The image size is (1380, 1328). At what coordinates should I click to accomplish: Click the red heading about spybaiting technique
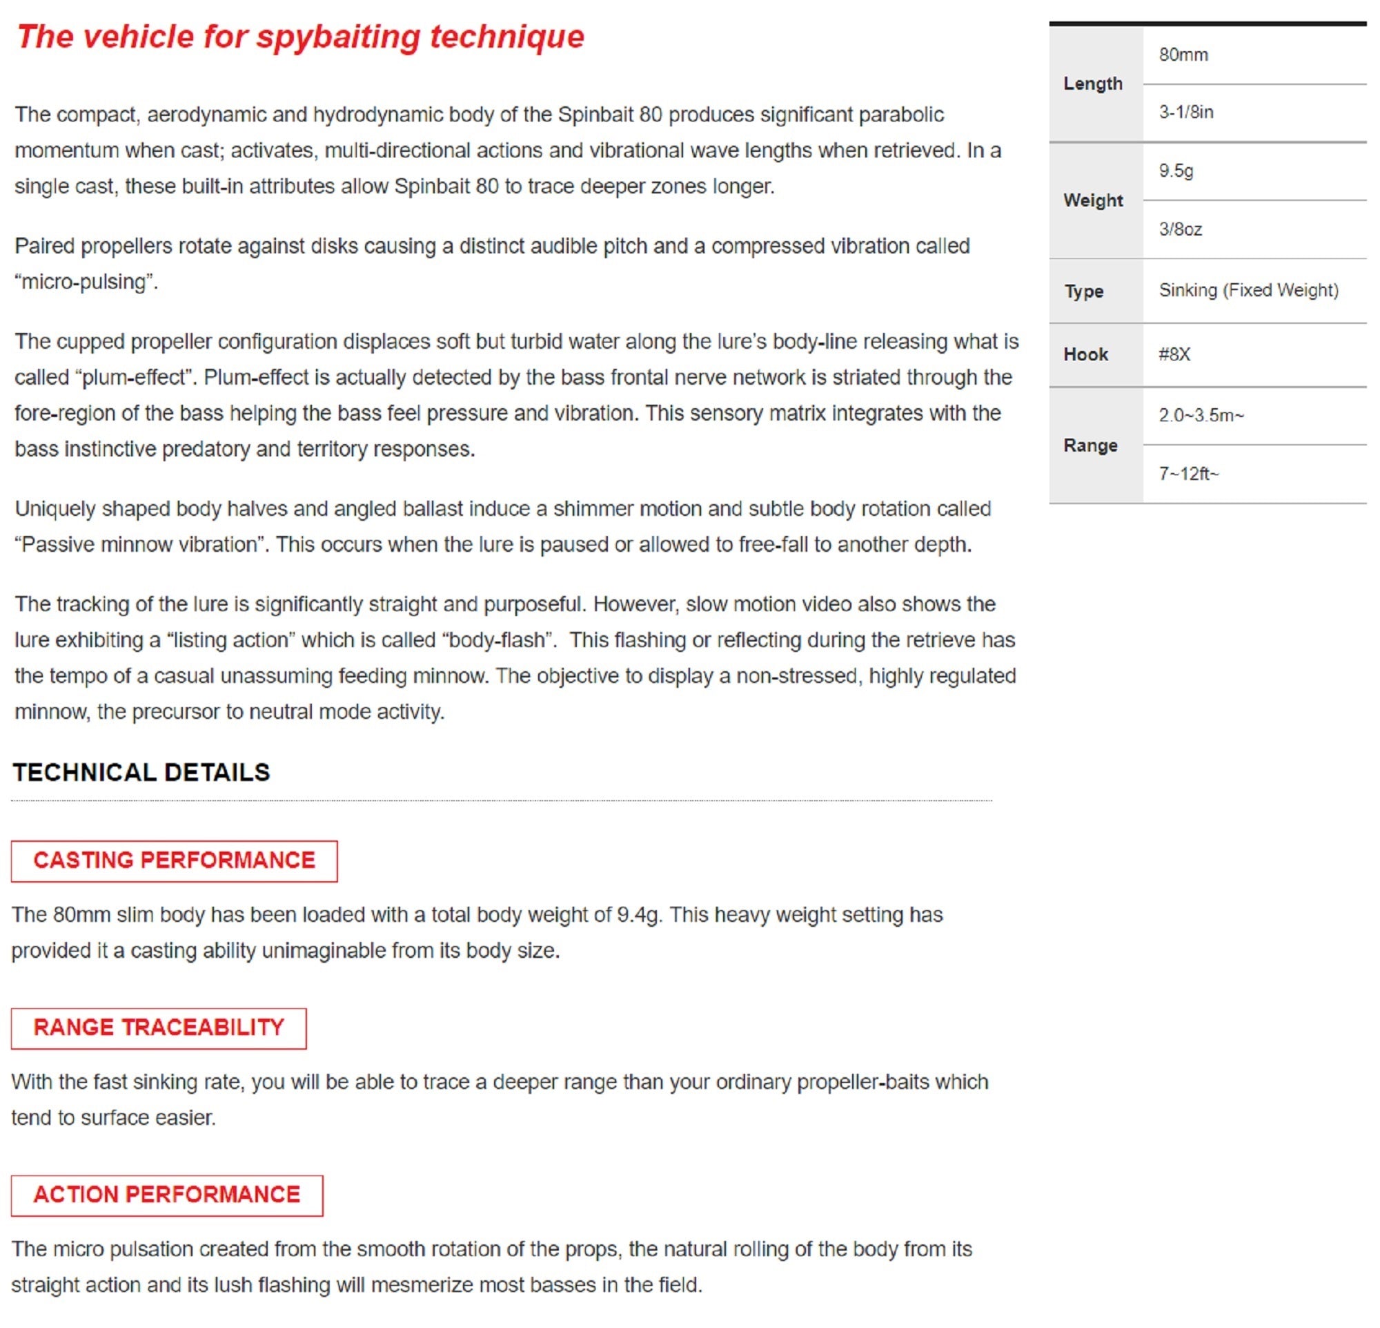[x=301, y=37]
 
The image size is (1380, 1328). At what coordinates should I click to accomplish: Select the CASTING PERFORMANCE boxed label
[x=174, y=860]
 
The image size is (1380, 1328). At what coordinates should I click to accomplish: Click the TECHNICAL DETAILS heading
[x=141, y=773]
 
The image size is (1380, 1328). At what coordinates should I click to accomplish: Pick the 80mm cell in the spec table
[x=1183, y=55]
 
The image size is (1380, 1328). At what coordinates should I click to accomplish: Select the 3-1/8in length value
[x=1186, y=112]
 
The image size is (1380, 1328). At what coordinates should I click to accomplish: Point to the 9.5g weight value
[x=1176, y=171]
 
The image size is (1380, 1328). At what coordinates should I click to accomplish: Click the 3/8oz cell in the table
[x=1180, y=229]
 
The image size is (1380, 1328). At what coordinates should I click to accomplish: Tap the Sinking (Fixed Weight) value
[x=1248, y=290]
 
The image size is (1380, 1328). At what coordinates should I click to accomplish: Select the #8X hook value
[x=1174, y=354]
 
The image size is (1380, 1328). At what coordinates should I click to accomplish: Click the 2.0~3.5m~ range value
[x=1201, y=415]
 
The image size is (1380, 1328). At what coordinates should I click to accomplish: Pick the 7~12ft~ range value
[x=1188, y=474]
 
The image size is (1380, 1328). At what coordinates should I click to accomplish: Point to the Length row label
[x=1093, y=83]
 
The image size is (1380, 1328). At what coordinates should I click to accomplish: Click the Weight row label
[x=1093, y=200]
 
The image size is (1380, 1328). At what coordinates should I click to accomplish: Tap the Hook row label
[x=1085, y=354]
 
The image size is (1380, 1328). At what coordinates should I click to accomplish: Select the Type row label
[x=1083, y=291]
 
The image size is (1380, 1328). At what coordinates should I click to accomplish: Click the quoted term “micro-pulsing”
[x=85, y=282]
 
